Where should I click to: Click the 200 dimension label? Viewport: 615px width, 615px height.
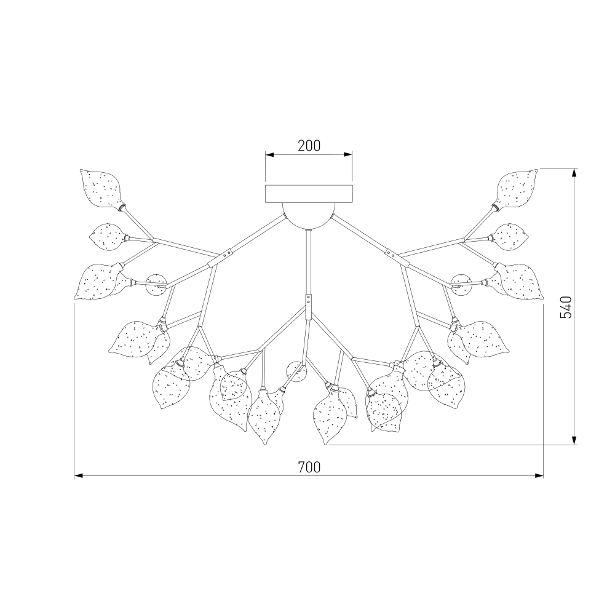[309, 146]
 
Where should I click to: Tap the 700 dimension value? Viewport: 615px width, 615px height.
[309, 467]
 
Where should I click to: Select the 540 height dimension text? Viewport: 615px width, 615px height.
[566, 307]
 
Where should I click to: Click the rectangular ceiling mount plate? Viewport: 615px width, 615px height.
[309, 194]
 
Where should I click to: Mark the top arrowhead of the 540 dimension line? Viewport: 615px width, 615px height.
[574, 173]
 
